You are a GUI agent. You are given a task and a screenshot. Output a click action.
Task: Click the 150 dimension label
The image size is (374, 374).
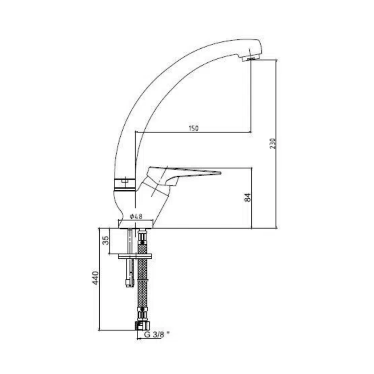(194, 128)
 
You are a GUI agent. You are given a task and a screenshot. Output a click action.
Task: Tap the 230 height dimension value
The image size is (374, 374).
(273, 143)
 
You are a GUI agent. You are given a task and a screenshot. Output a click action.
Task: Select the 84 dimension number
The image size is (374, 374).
(248, 197)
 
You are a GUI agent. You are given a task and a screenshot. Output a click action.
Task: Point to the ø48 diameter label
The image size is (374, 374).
(136, 216)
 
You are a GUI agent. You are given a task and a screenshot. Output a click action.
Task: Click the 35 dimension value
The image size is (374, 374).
(106, 240)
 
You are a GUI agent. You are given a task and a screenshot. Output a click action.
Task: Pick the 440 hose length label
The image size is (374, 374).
(95, 278)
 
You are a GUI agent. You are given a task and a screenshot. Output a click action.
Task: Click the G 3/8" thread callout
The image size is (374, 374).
(157, 334)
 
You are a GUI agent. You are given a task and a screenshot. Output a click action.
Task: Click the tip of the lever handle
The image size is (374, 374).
(221, 173)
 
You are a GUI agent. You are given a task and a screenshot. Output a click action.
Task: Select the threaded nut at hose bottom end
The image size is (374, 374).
(143, 325)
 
